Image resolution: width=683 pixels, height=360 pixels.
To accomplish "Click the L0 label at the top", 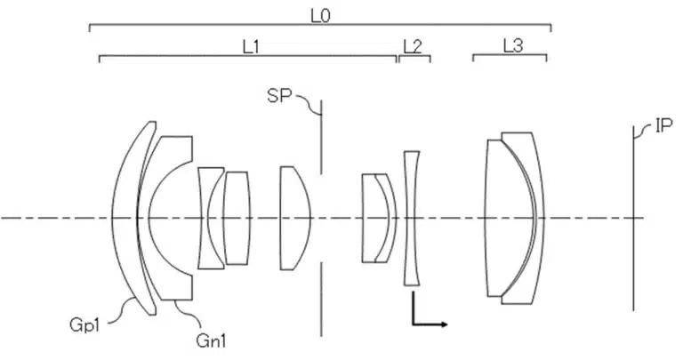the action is point(320,16).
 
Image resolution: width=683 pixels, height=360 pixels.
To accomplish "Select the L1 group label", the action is point(251,46).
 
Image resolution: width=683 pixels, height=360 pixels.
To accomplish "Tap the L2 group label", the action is point(413,46).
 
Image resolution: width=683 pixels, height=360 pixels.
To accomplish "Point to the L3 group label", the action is point(512,45).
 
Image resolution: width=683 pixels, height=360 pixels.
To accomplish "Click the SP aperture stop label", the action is point(278,96).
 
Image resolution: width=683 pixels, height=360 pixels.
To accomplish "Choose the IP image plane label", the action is point(663,126).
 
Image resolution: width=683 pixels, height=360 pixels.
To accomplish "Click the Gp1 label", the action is point(84,324).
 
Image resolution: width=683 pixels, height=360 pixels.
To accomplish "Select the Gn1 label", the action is point(212,340).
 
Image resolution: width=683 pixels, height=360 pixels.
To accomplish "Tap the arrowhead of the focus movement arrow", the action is point(444,324).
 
